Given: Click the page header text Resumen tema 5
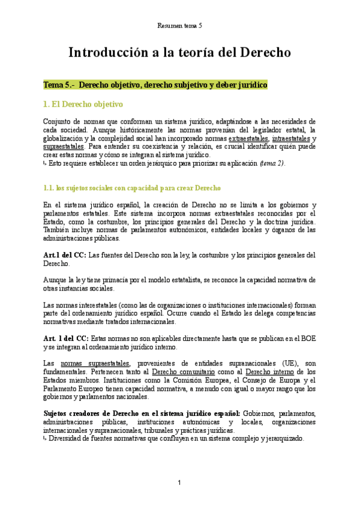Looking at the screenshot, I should pyautogui.click(x=179, y=26).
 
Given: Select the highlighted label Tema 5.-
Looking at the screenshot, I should pyautogui.click(x=59, y=85).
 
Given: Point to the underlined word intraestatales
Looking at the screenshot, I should pyautogui.click(x=290, y=137).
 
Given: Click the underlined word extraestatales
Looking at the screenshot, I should pyautogui.click(x=247, y=137).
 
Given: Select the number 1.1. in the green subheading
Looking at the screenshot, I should pyautogui.click(x=50, y=188).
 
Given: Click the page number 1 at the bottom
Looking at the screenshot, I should pyautogui.click(x=179, y=483).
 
